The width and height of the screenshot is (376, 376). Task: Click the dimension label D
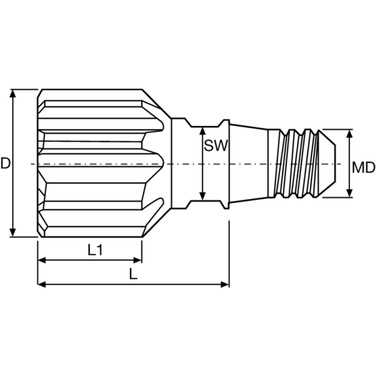(x=5, y=163)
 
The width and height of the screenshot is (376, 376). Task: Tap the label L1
(x=95, y=250)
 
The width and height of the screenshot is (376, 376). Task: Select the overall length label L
(x=133, y=274)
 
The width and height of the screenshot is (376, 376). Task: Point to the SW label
(x=216, y=146)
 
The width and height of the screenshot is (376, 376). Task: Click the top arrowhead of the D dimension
(x=13, y=93)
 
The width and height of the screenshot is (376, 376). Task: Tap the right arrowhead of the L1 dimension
(x=138, y=259)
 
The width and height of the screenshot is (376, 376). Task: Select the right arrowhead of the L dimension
(x=225, y=284)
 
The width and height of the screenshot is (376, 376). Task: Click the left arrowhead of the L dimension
(x=41, y=284)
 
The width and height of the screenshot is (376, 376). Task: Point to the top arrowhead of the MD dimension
(x=350, y=133)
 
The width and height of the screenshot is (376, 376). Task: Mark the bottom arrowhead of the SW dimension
(x=203, y=196)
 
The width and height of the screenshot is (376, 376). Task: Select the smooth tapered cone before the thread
(x=249, y=163)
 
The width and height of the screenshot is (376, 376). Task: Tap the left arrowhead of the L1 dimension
(x=41, y=259)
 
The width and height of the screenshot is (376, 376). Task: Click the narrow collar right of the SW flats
(x=225, y=163)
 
